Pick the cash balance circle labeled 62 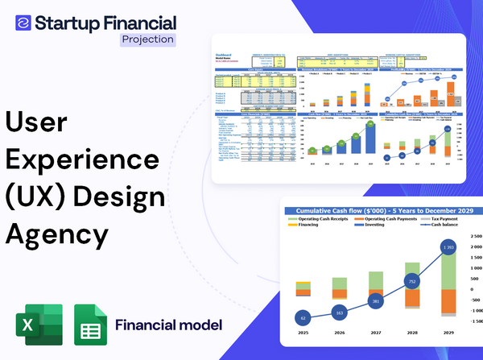pos(302,318)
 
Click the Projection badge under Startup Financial pos(147,39)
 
